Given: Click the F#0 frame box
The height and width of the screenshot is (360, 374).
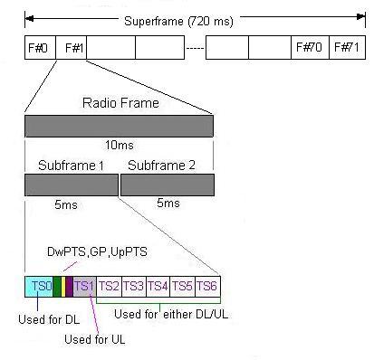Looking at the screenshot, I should tap(39, 48).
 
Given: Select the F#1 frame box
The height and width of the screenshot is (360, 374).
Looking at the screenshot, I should tap(70, 48).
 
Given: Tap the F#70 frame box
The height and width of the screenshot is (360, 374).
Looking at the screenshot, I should tap(307, 48).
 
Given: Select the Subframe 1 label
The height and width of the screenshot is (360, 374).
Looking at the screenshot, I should tap(72, 167).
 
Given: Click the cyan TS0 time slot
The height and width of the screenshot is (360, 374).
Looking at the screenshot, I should tap(40, 287).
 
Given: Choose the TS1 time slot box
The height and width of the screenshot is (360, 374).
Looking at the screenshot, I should tap(84, 287).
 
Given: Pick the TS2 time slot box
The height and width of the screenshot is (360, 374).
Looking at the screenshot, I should tap(109, 287).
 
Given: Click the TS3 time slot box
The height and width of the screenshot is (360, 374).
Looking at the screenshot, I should tap(134, 287).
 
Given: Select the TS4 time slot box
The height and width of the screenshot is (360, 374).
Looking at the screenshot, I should tap(158, 287).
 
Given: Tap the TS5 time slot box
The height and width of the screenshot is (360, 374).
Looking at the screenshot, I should tap(183, 287).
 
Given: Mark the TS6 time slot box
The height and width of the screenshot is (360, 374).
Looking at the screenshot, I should tap(207, 287).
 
